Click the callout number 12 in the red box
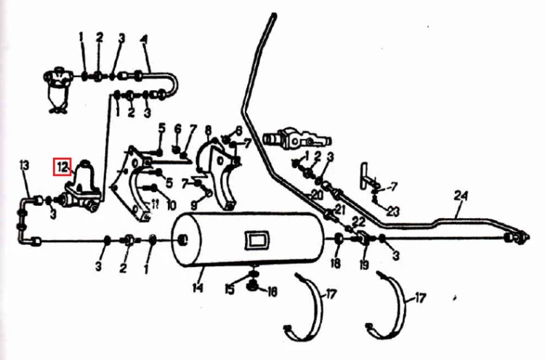[x=62, y=167]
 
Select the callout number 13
[x=24, y=166]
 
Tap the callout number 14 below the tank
[x=198, y=288]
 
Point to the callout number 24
[x=461, y=196]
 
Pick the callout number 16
[x=272, y=292]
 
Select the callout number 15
[x=230, y=289]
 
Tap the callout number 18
[x=336, y=263]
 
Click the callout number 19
[x=364, y=265]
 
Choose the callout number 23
[x=393, y=211]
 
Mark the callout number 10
[x=171, y=205]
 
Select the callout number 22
[x=358, y=220]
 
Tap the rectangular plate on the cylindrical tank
[x=257, y=240]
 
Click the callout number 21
[x=339, y=209]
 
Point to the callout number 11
[x=154, y=204]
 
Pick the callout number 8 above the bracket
[x=208, y=130]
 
